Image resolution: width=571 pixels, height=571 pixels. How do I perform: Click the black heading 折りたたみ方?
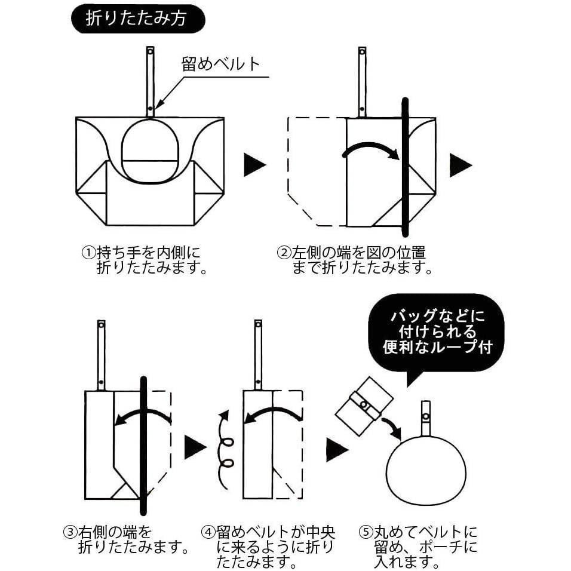click(137, 19)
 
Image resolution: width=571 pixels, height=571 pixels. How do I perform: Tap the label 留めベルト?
click(221, 64)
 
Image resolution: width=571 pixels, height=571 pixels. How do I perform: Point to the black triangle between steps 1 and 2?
click(253, 165)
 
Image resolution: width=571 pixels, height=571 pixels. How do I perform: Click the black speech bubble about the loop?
click(435, 332)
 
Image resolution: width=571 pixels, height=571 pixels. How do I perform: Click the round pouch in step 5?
click(426, 468)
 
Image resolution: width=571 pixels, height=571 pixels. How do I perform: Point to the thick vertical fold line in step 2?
click(405, 167)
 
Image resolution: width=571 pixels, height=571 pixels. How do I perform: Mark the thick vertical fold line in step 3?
click(143, 445)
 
